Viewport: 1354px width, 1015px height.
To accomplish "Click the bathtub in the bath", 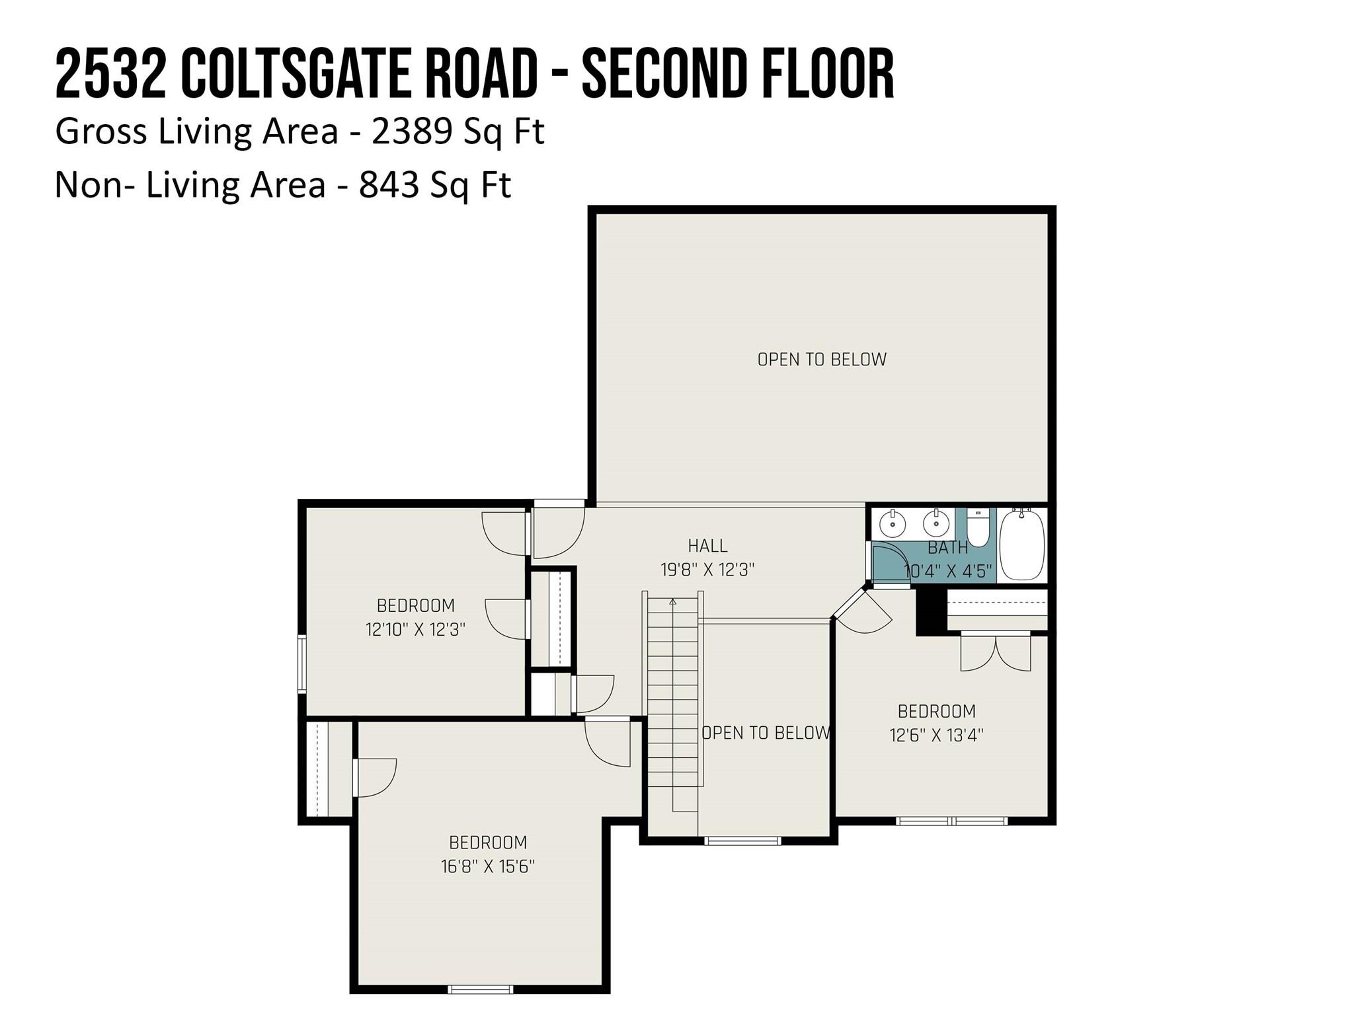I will [x=1022, y=545].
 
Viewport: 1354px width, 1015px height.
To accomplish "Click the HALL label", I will [x=707, y=546].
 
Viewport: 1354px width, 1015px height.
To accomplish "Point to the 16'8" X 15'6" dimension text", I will [x=487, y=866].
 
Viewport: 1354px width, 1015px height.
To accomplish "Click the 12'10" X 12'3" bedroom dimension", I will [x=415, y=629].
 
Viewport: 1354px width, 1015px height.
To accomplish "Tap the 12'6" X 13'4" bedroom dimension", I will [x=936, y=735].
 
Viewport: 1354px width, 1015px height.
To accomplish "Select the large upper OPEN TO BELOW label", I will [x=821, y=359].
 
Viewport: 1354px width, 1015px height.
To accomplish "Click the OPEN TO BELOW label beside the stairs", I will [x=765, y=733].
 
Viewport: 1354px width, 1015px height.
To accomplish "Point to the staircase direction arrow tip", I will [x=673, y=601].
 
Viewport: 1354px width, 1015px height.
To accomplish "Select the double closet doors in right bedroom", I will [x=995, y=653].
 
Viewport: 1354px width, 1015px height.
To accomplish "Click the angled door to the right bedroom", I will [x=863, y=611].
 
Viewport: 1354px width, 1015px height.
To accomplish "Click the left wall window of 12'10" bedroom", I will [x=301, y=663].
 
